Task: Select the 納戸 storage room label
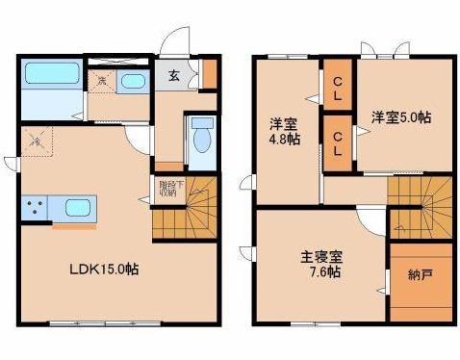point(420,275)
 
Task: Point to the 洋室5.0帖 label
point(401,117)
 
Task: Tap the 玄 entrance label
point(173,77)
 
